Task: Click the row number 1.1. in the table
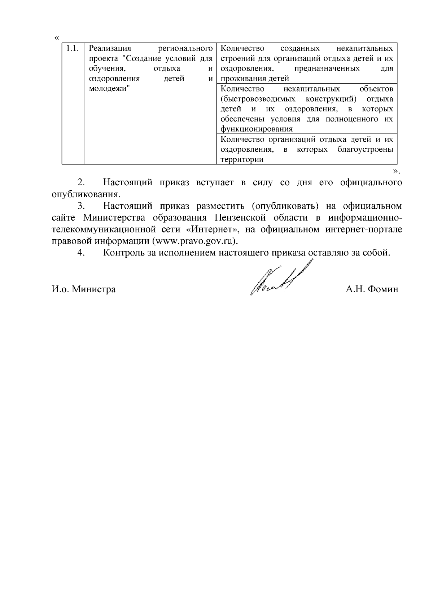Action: click(x=73, y=48)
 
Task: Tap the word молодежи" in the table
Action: click(x=109, y=89)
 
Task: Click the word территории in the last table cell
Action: click(x=241, y=160)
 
